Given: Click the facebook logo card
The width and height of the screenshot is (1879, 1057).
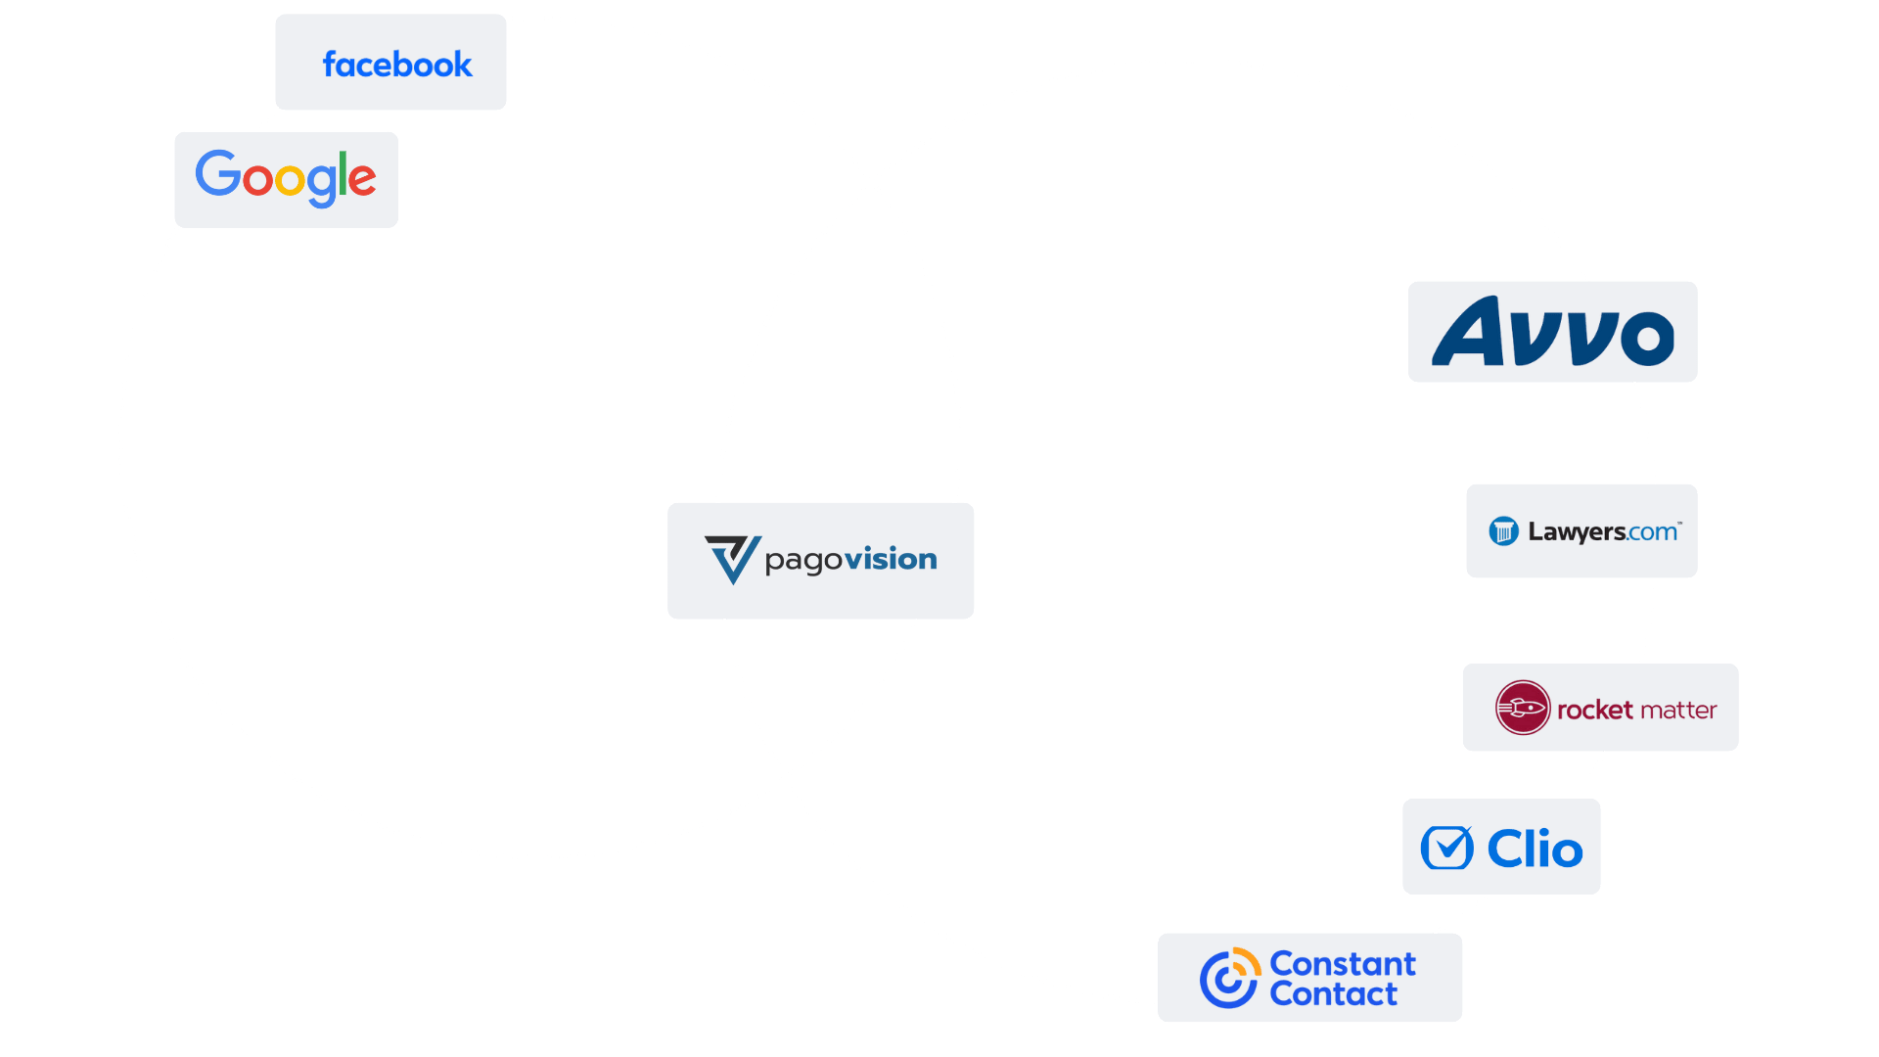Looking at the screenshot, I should pyautogui.click(x=391, y=63).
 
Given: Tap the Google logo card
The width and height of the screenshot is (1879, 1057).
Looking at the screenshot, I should pyautogui.click(x=287, y=180).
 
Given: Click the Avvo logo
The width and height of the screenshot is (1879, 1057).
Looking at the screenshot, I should pyautogui.click(x=1552, y=333).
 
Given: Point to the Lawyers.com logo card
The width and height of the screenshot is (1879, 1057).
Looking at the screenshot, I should pyautogui.click(x=1581, y=531).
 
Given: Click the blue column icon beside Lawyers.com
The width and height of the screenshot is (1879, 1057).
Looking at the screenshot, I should pyautogui.click(x=1503, y=531).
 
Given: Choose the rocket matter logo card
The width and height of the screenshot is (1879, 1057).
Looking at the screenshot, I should pyautogui.click(x=1600, y=708).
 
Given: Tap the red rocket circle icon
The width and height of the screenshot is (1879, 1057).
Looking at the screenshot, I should pyautogui.click(x=1522, y=708).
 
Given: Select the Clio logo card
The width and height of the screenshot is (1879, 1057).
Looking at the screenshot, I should pyautogui.click(x=1501, y=847).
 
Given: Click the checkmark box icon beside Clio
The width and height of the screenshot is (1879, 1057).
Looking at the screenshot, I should pyautogui.click(x=1446, y=849).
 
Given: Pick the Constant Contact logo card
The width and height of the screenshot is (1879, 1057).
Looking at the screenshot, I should pyautogui.click(x=1309, y=978).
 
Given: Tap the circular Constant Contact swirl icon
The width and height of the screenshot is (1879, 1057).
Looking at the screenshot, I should pyautogui.click(x=1229, y=978).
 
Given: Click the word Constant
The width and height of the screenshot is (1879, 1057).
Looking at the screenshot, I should pyautogui.click(x=1342, y=964).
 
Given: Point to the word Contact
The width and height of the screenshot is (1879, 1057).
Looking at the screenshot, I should pyautogui.click(x=1333, y=994).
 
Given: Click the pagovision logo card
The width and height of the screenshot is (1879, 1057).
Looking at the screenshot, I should pyautogui.click(x=821, y=561).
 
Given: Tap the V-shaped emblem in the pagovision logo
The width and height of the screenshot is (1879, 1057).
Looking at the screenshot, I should pyautogui.click(x=732, y=559).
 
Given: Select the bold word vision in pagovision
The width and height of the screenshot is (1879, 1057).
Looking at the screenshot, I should pyautogui.click(x=892, y=559).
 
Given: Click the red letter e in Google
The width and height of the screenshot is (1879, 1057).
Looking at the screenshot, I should pyautogui.click(x=362, y=180).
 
